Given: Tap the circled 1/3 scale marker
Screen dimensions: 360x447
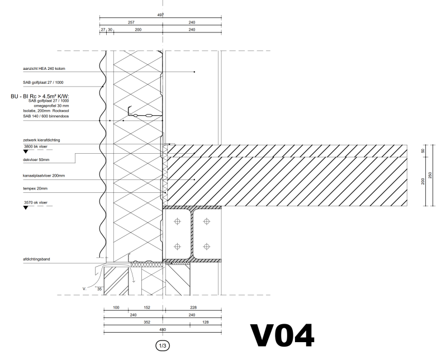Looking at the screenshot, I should tap(164, 347).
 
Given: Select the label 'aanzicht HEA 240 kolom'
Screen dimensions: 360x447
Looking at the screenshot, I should tap(44, 69).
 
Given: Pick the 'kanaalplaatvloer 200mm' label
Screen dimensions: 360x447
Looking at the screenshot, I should tap(44, 176).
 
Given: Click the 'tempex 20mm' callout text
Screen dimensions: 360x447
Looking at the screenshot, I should tap(36, 189).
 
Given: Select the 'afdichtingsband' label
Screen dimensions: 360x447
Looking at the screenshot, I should tap(36, 259).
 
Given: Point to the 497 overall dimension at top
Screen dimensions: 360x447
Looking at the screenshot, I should tap(161, 16).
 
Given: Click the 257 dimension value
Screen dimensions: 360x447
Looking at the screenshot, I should tap(131, 22).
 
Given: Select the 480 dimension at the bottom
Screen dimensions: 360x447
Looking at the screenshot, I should tap(162, 329).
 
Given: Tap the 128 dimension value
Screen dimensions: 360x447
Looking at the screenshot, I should tap(206, 322).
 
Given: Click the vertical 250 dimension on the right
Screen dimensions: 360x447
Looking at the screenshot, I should tap(430, 174).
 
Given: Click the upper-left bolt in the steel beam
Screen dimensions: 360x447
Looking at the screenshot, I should tap(178, 222).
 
